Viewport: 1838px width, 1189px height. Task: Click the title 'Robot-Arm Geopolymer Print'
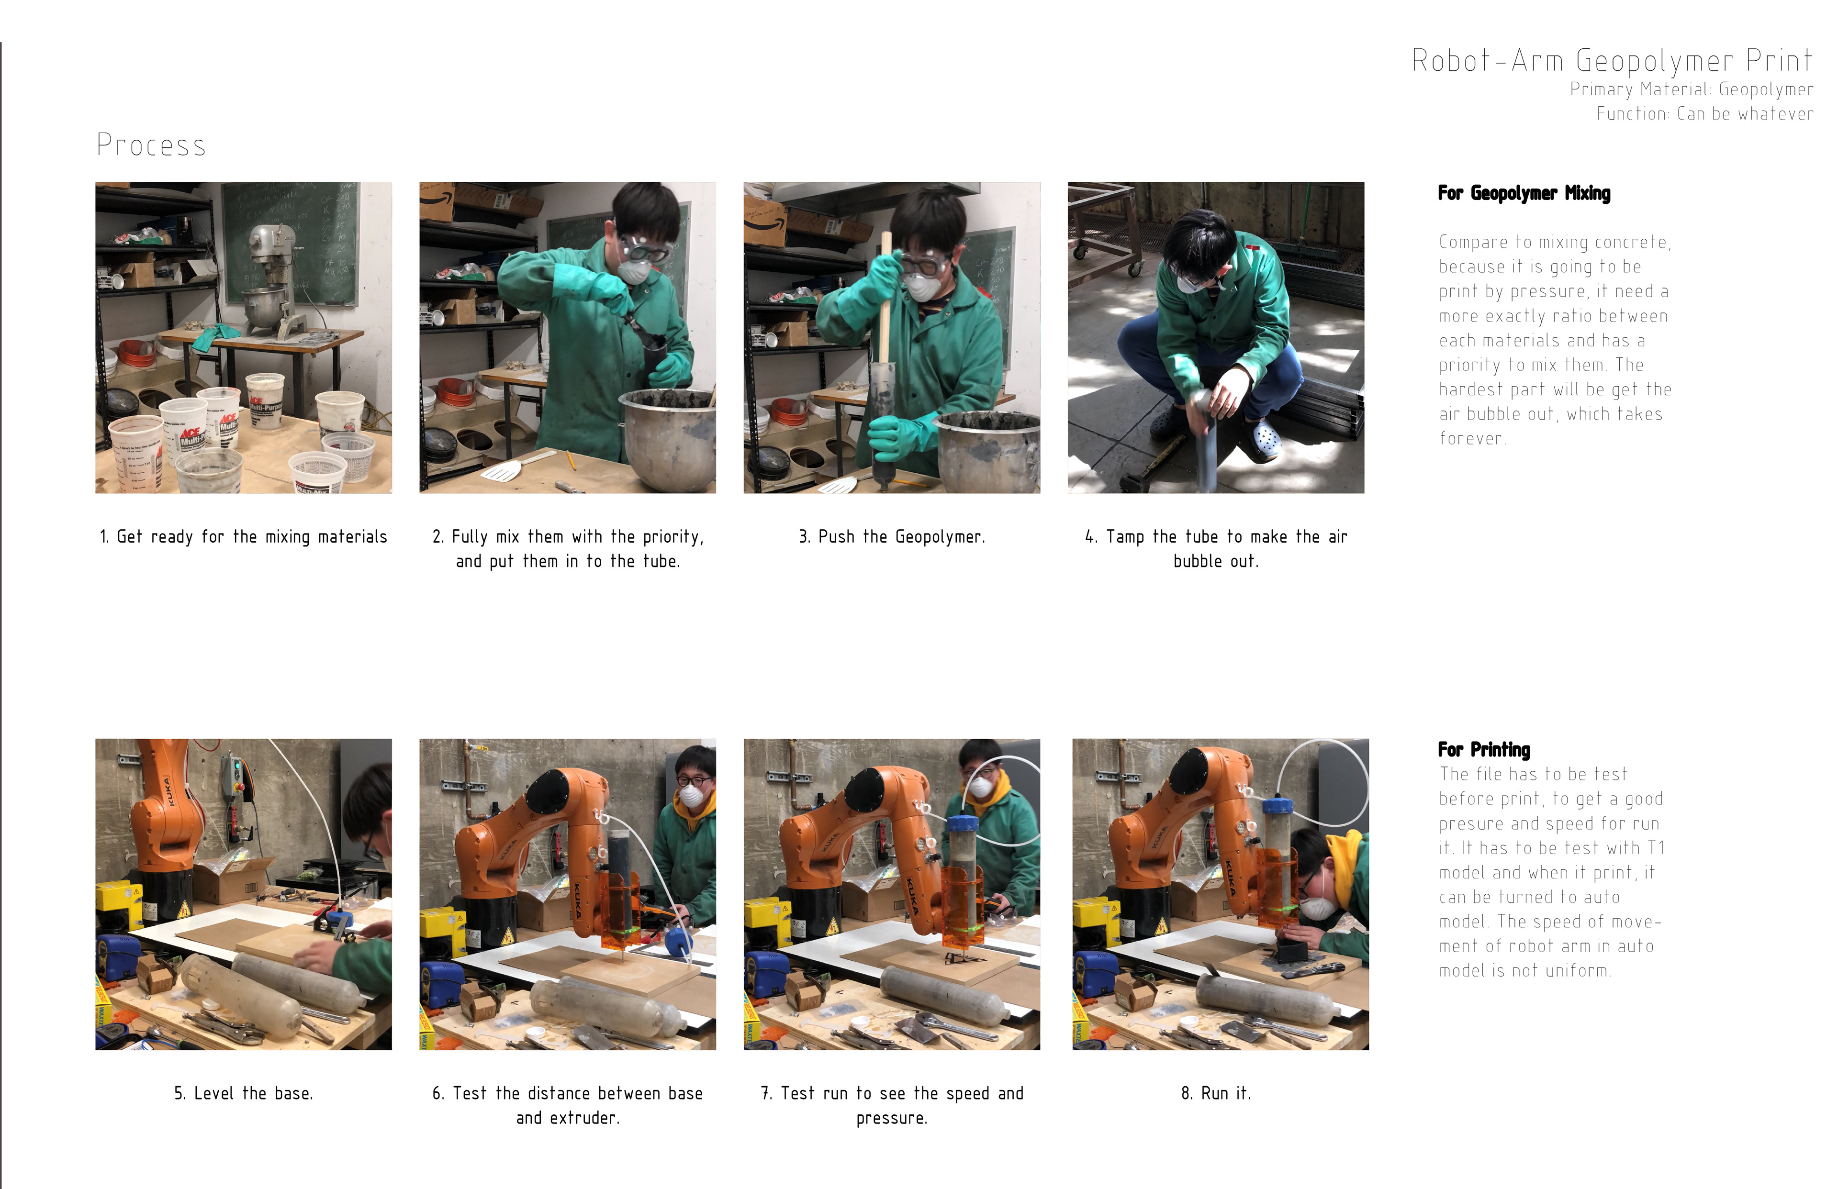pyautogui.click(x=1612, y=61)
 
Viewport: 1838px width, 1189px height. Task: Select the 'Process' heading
pyautogui.click(x=151, y=145)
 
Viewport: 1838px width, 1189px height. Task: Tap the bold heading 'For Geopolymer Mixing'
pyautogui.click(x=1524, y=193)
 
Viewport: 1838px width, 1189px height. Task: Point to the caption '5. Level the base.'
pyautogui.click(x=243, y=1093)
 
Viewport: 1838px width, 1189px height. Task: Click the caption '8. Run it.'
pyautogui.click(x=1216, y=1093)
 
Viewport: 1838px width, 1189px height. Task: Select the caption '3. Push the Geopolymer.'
pyautogui.click(x=892, y=536)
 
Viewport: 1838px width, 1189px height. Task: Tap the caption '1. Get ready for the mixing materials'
pyautogui.click(x=243, y=536)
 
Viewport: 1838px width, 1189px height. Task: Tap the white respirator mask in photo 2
pyautogui.click(x=636, y=269)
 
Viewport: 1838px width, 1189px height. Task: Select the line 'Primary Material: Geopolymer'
pyautogui.click(x=1691, y=89)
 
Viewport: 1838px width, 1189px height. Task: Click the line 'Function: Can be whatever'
pyautogui.click(x=1704, y=113)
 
